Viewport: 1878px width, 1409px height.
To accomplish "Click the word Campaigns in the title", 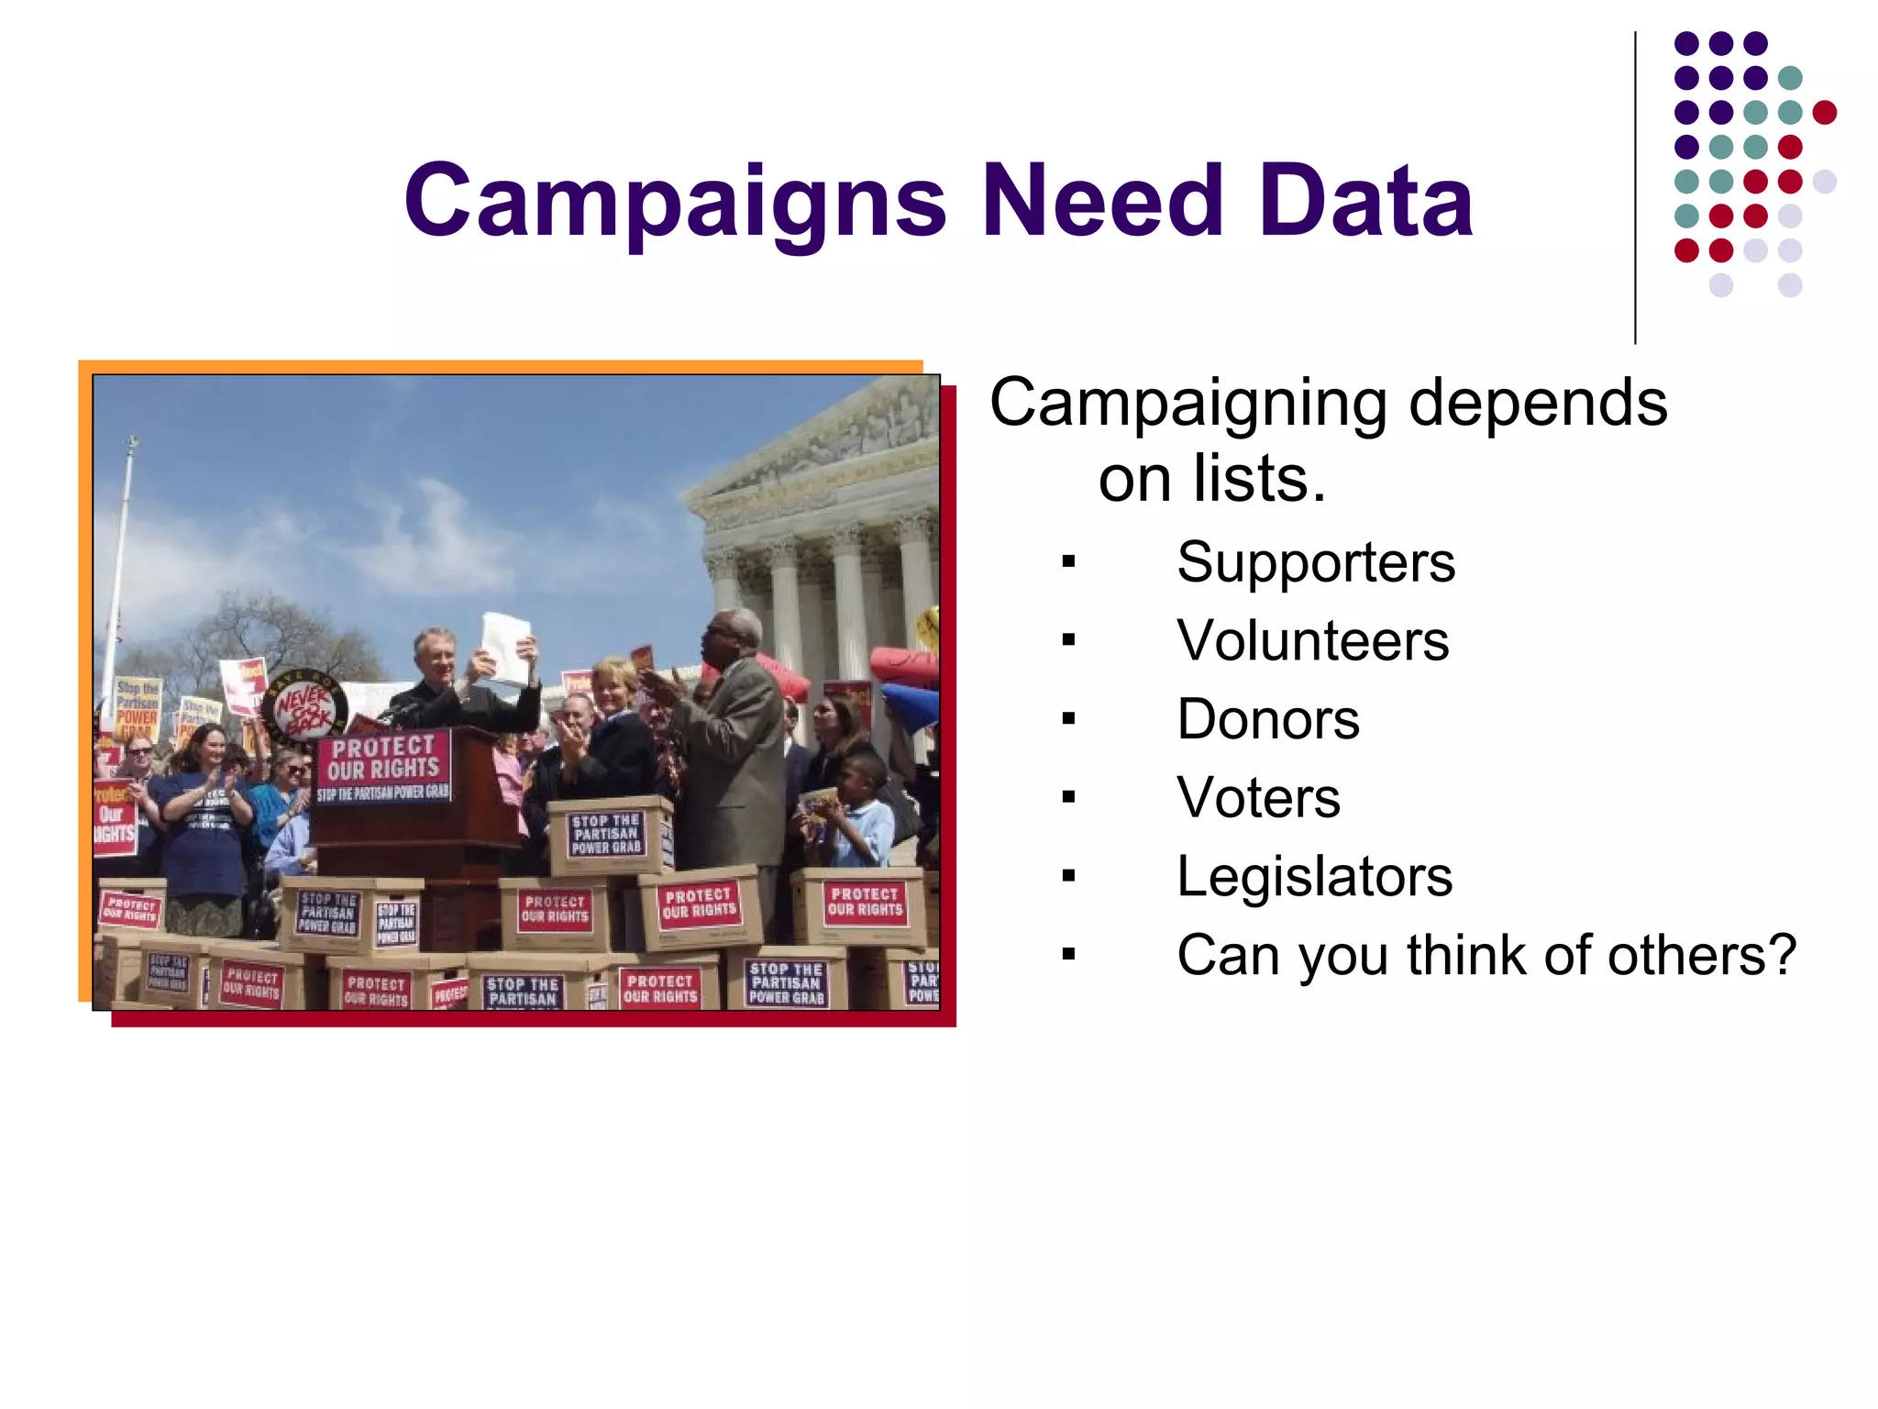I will pos(675,202).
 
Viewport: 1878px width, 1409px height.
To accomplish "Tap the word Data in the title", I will pos(1366,200).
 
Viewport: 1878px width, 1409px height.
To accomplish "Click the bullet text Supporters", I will pos(1315,562).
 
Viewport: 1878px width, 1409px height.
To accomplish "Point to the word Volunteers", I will pos(1312,640).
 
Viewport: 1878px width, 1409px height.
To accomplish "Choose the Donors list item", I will pos(1267,719).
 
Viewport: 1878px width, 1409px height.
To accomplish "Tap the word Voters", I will pos(1258,798).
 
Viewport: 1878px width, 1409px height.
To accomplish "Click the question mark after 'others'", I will pos(1781,955).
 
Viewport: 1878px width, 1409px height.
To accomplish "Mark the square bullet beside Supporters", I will pos(1067,562).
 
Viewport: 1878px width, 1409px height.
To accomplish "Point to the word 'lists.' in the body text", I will pos(1211,480).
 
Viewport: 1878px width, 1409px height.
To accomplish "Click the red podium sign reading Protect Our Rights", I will pos(383,767).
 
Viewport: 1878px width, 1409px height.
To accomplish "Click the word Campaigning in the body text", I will pos(1187,404).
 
